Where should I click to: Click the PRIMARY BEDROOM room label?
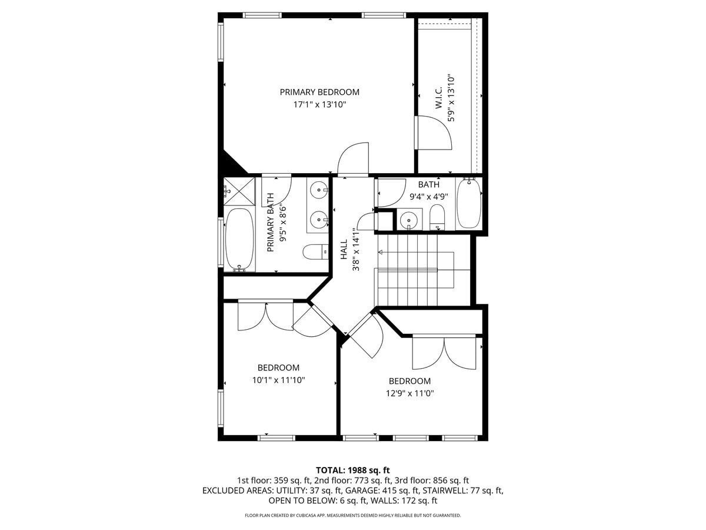click(x=319, y=92)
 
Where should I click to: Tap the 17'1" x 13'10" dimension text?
click(x=319, y=105)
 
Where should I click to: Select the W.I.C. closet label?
click(x=439, y=97)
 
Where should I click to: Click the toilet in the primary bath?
click(x=316, y=252)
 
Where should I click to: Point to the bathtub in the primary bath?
click(x=239, y=240)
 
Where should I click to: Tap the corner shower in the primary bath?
click(x=239, y=192)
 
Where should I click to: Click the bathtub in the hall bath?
click(x=469, y=204)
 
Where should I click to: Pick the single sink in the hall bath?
click(x=408, y=220)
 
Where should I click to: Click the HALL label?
click(x=344, y=249)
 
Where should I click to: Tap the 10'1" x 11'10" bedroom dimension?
click(x=278, y=380)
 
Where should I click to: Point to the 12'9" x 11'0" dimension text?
click(x=409, y=393)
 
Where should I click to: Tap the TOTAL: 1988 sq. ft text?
click(x=353, y=470)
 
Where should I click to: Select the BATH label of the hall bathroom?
click(x=428, y=185)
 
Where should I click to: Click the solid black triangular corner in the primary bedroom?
click(x=231, y=165)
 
